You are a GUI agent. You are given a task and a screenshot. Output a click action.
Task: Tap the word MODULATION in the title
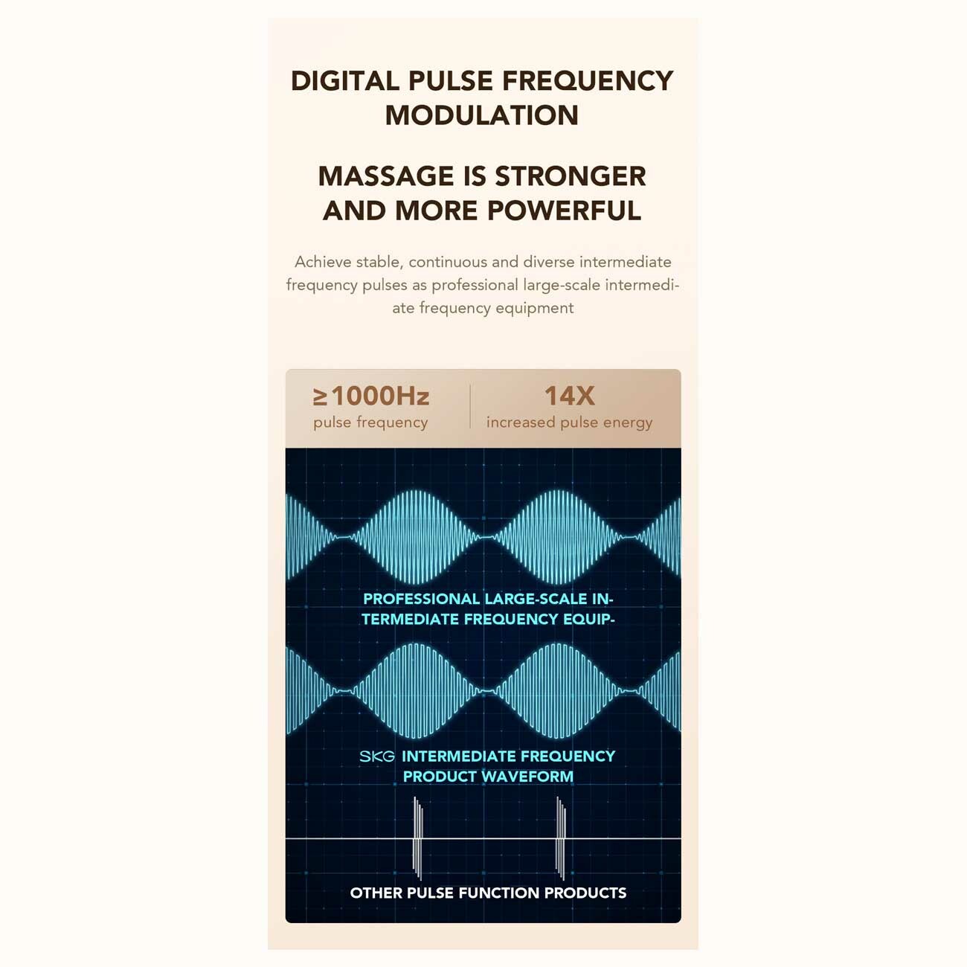[x=482, y=115]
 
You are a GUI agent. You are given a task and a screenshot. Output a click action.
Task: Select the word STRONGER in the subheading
[x=571, y=176]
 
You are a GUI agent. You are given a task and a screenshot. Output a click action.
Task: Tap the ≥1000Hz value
[x=371, y=396]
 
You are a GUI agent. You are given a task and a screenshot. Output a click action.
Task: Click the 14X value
[x=570, y=396]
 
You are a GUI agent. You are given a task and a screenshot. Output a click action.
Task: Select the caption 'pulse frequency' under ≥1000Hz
[x=370, y=423]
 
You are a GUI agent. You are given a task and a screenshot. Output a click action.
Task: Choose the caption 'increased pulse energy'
[x=569, y=423]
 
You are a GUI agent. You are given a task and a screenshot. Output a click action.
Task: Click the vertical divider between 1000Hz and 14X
[x=470, y=406]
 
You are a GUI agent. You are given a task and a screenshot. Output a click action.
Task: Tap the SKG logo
[x=377, y=756]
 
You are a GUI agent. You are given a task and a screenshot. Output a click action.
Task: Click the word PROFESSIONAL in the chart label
[x=422, y=599]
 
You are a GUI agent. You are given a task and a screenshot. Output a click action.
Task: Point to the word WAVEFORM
[x=526, y=777]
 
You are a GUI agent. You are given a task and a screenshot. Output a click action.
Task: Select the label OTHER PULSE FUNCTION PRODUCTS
[x=488, y=893]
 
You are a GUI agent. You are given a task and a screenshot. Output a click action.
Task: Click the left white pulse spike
[x=417, y=838]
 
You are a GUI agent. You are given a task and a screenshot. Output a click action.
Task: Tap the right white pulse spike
[x=561, y=838]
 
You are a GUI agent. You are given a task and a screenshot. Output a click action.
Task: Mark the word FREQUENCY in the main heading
[x=588, y=81]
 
